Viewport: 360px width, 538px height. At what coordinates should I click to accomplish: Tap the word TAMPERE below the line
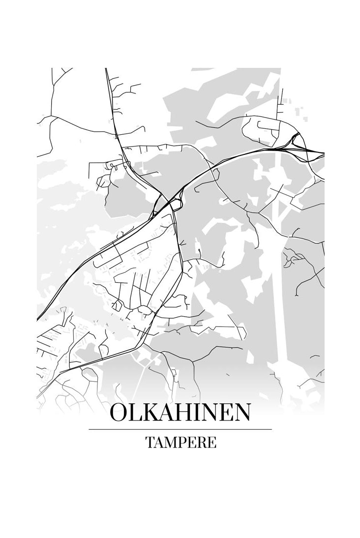coord(180,442)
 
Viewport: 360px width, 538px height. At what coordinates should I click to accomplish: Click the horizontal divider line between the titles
coord(180,429)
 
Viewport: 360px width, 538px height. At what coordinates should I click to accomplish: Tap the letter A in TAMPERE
coord(160,442)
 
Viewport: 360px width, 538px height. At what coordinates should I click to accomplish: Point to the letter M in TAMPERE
coord(172,442)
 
